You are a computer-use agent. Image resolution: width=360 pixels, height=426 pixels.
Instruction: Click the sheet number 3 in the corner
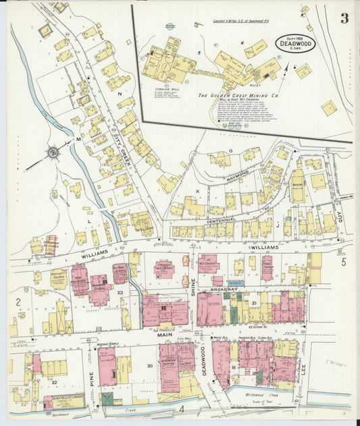point(344,18)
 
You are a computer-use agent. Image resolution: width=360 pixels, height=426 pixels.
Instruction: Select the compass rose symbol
point(52,153)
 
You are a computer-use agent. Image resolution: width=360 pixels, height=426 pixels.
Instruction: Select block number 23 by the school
point(120,292)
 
